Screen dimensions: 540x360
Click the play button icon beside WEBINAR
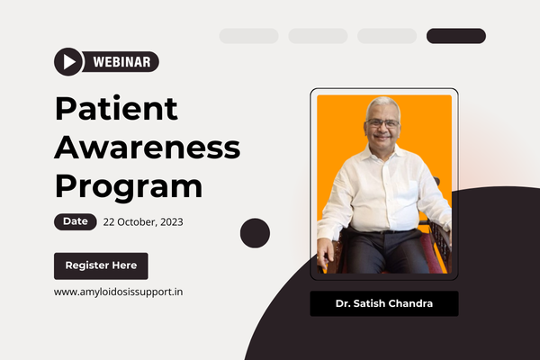tap(68, 62)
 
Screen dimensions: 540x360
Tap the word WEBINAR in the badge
tap(121, 62)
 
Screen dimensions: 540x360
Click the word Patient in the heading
tap(116, 108)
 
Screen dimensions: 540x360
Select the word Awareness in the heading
tap(148, 148)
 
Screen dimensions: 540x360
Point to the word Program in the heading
tap(129, 186)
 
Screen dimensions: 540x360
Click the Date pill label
tap(75, 221)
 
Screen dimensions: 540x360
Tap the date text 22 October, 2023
tap(143, 222)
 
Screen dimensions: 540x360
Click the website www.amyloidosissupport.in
tap(119, 292)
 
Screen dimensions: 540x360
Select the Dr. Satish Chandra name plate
tap(384, 303)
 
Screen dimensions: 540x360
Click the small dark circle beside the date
tap(255, 233)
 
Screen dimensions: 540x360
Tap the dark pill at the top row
tap(456, 36)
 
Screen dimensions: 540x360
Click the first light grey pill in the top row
tap(248, 36)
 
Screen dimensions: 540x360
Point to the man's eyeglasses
tap(383, 123)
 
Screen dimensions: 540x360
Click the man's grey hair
tap(382, 104)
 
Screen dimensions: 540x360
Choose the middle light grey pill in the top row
tap(318, 36)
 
